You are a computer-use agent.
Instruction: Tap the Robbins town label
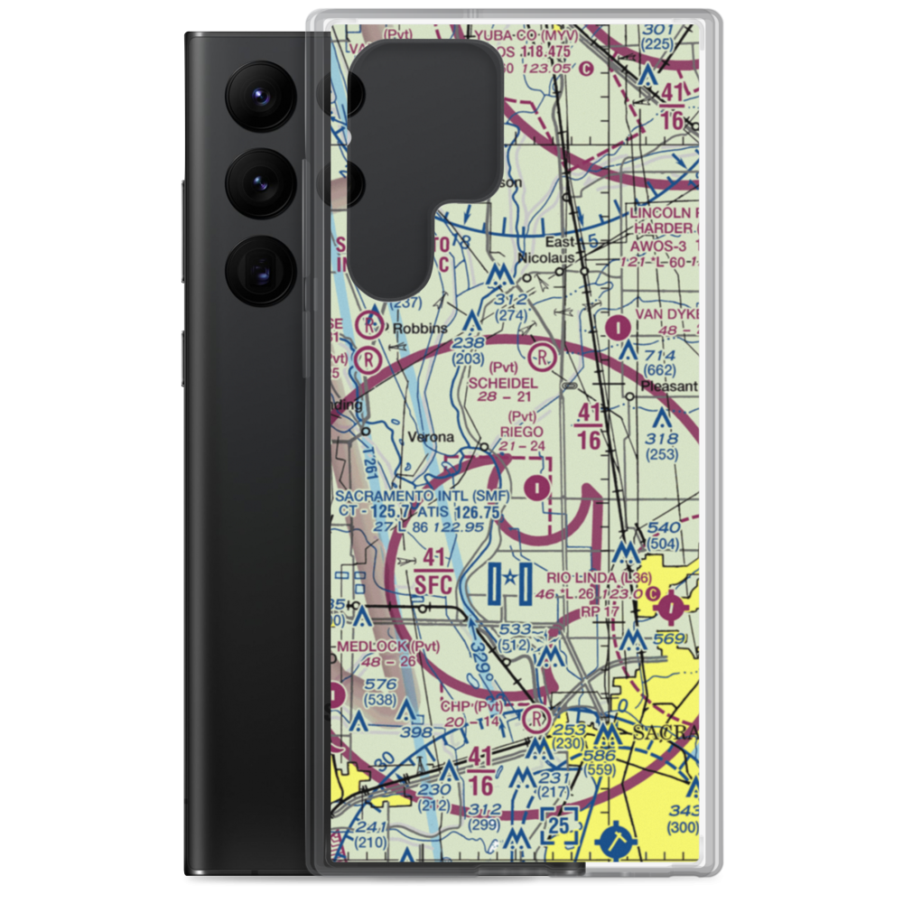pyautogui.click(x=419, y=329)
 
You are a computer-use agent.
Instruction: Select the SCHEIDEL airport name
pyautogui.click(x=503, y=383)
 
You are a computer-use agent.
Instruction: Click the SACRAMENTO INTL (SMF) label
pyautogui.click(x=422, y=497)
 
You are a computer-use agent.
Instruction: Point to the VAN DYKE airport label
pyautogui.click(x=666, y=314)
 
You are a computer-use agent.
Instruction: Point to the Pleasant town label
pyautogui.click(x=669, y=387)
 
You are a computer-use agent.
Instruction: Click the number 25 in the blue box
pyautogui.click(x=559, y=824)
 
